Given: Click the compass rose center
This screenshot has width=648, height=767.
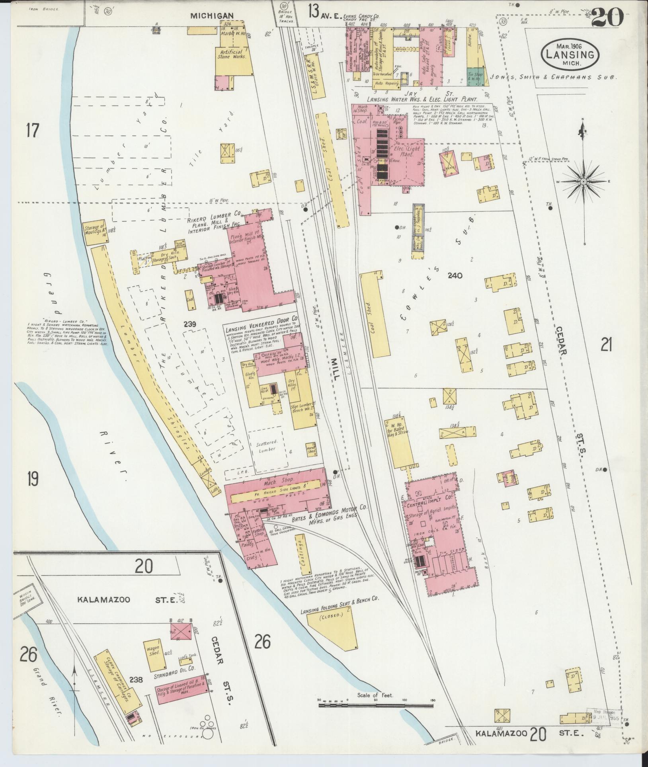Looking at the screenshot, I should pyautogui.click(x=583, y=182).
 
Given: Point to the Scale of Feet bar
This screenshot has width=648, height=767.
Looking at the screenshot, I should pyautogui.click(x=375, y=706).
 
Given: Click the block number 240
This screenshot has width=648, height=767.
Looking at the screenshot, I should pyautogui.click(x=455, y=275).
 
